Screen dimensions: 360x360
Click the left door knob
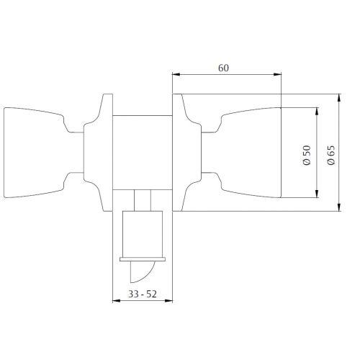pos(36,153)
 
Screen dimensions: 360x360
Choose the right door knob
pos(252,153)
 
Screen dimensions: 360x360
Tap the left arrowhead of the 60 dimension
pos(175,74)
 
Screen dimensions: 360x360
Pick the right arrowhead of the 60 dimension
pos(278,74)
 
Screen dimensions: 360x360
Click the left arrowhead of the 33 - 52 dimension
pos(117,300)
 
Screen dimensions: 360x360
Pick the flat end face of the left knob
pos(5,153)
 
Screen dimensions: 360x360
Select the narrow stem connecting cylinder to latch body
pos(143,199)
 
